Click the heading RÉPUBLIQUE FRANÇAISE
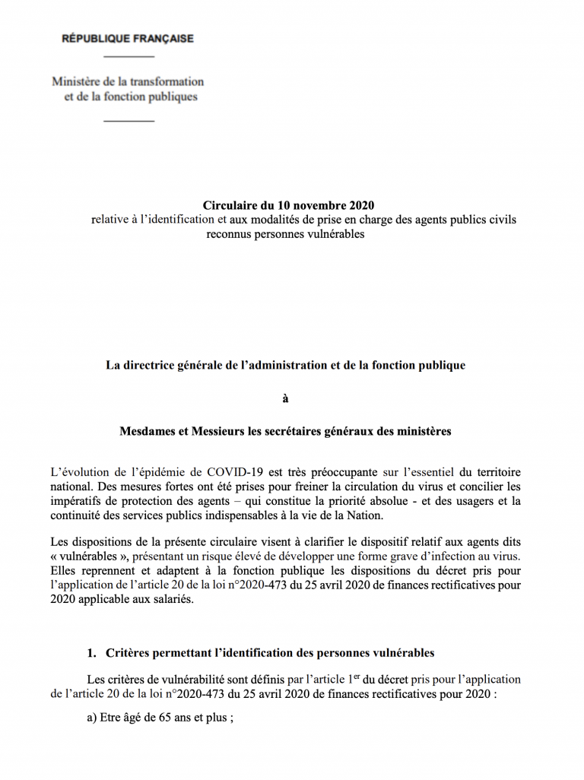[128, 38]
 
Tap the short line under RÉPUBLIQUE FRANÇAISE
[129, 58]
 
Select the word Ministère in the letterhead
[75, 81]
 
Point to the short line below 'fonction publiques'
[129, 121]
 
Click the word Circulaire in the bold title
[230, 205]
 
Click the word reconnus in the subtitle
[228, 234]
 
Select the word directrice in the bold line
[150, 365]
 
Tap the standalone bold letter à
[285, 398]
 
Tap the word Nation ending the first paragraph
[362, 515]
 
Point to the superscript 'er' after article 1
[357, 676]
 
